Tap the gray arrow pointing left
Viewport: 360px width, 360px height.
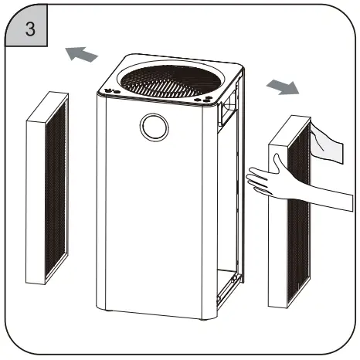pos(81,55)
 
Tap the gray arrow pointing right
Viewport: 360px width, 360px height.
pos(281,87)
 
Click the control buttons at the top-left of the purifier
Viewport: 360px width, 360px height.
pos(110,90)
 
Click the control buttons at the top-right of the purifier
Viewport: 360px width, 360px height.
pos(204,100)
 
